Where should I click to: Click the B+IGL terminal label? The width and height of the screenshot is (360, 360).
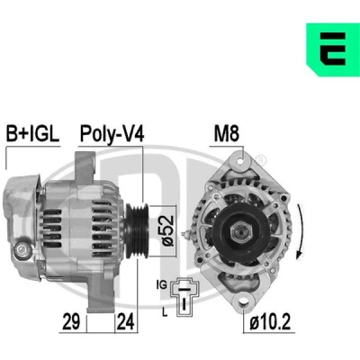(32, 133)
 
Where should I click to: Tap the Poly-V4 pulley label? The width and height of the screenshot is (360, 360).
(112, 134)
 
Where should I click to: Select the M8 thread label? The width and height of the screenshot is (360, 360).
(227, 133)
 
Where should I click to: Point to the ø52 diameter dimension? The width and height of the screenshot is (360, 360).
(167, 230)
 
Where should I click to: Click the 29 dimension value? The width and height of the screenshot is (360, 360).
(71, 321)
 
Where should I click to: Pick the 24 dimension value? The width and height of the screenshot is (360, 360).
(125, 321)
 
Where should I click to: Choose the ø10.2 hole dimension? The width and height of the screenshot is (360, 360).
(270, 322)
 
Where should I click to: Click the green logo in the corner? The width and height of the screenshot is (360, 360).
(333, 49)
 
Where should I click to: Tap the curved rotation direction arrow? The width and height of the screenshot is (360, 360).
(301, 231)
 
